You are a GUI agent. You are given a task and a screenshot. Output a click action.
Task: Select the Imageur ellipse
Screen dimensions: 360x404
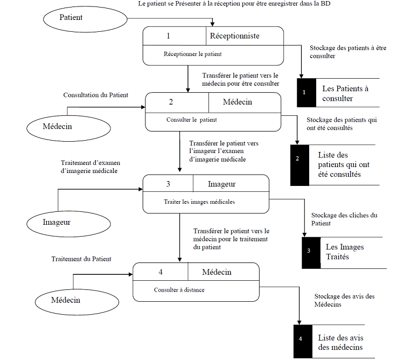(x=57, y=221)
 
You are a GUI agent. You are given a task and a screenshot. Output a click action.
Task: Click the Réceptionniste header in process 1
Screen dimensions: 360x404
(x=234, y=36)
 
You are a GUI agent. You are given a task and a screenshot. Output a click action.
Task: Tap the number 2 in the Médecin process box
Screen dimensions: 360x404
(x=171, y=102)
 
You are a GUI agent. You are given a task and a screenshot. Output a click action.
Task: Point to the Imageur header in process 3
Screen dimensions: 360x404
(x=221, y=184)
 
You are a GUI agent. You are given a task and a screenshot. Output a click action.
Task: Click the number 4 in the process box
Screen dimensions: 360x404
(x=161, y=272)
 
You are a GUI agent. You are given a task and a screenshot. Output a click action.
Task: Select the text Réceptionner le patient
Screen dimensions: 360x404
(x=192, y=54)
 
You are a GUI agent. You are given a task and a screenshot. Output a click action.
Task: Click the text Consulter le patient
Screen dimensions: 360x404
(x=192, y=120)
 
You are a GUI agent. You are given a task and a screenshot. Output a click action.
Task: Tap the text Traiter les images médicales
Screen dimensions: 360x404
(x=199, y=202)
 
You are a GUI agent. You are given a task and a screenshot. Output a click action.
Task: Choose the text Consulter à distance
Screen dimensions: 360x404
(x=179, y=290)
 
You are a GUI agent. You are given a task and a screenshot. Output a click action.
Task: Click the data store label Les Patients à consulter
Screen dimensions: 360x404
(x=343, y=93)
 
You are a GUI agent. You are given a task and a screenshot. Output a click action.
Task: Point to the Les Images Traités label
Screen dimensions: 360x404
(x=345, y=252)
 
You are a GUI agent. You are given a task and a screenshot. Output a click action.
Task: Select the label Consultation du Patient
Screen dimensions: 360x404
(x=96, y=95)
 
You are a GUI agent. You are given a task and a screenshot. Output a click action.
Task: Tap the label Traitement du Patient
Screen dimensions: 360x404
(x=81, y=259)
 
